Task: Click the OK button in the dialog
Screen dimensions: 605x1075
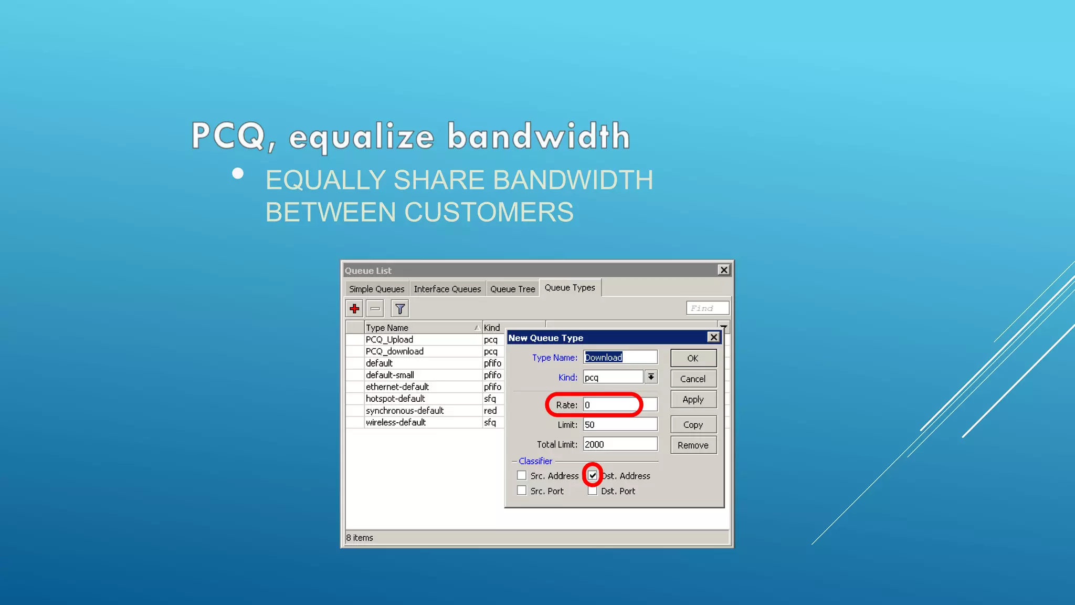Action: point(693,358)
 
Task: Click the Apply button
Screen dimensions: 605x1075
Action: point(693,400)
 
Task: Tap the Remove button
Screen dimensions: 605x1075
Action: point(693,445)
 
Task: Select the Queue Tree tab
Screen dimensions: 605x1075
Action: point(512,289)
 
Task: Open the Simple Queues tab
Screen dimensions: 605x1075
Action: point(376,289)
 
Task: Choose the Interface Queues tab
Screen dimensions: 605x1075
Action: point(447,289)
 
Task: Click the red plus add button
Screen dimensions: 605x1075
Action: point(355,309)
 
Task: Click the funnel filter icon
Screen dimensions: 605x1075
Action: point(400,309)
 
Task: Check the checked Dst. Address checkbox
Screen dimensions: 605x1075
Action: point(593,475)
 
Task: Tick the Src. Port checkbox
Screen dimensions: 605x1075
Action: point(522,491)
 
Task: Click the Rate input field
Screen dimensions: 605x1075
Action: point(619,405)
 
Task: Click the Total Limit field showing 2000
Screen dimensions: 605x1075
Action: point(619,444)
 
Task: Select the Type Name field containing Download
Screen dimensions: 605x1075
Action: point(619,358)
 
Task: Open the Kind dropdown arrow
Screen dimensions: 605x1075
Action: point(651,377)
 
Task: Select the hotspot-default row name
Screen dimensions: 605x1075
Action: point(395,399)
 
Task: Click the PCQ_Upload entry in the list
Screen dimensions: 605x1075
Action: point(389,340)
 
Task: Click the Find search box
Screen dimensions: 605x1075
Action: point(707,308)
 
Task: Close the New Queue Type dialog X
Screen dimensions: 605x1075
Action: point(713,337)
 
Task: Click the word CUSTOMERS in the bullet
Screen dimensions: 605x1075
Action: point(489,212)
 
